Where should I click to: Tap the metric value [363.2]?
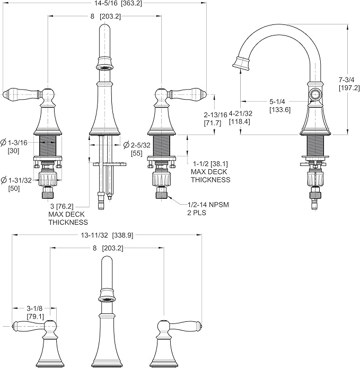point(133,4)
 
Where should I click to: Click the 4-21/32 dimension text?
point(241,113)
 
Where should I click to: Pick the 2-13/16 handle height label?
point(216,115)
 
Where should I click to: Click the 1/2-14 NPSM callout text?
point(208,205)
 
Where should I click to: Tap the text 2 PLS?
point(197,213)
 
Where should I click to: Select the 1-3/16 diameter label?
point(14,143)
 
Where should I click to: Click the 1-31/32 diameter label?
point(16,180)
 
